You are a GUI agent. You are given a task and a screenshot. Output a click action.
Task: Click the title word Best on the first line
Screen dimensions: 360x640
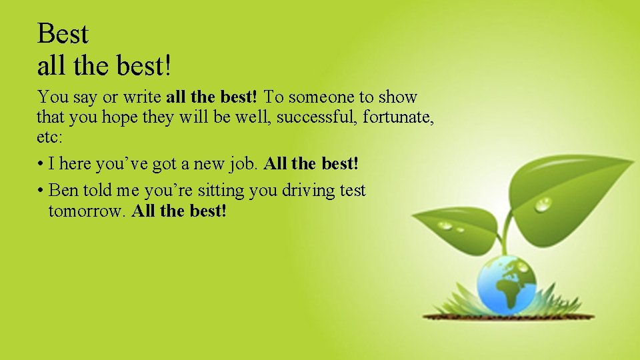(63, 33)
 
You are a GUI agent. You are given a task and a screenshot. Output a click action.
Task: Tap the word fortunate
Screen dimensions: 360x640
(399, 118)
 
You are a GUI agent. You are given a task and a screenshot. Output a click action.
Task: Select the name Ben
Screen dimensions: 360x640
(63, 190)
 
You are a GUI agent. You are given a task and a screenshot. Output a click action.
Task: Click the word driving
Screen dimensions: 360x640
(309, 191)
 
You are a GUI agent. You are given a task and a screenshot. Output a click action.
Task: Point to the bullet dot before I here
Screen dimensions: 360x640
(41, 164)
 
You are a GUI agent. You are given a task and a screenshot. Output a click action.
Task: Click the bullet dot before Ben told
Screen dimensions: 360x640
(41, 191)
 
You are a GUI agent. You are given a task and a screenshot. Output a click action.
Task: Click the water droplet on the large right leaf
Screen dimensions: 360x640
(543, 205)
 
